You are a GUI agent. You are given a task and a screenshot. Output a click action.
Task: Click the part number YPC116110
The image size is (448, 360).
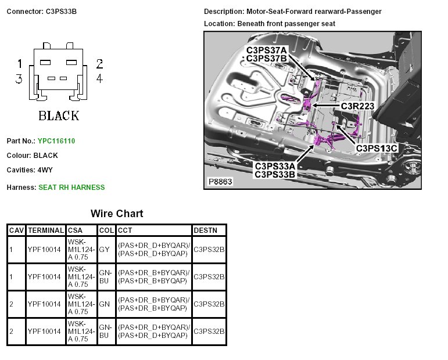pyautogui.click(x=56, y=141)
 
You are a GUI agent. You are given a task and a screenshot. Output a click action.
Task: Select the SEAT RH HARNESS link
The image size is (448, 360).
pyautogui.click(x=71, y=187)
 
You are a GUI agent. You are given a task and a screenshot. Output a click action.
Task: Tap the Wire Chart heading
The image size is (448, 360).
pyautogui.click(x=117, y=213)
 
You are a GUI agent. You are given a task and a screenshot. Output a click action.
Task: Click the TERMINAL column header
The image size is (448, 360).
pyautogui.click(x=45, y=231)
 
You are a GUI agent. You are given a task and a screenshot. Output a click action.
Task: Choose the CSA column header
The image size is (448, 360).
pyautogui.click(x=76, y=231)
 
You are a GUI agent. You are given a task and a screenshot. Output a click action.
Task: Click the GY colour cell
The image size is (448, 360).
pyautogui.click(x=104, y=249)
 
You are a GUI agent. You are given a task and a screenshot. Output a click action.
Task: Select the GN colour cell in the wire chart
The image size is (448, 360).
pyautogui.click(x=104, y=304)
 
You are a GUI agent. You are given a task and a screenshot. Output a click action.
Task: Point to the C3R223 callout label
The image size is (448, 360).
pyautogui.click(x=357, y=106)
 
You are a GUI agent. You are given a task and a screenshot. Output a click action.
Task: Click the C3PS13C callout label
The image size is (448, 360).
pyautogui.click(x=376, y=148)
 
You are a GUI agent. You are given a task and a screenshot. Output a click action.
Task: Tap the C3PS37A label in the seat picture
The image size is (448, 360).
pyautogui.click(x=267, y=50)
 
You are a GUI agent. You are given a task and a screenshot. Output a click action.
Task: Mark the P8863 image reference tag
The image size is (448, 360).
pyautogui.click(x=221, y=182)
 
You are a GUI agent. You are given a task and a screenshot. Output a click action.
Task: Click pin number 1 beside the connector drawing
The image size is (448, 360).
pyautogui.click(x=19, y=64)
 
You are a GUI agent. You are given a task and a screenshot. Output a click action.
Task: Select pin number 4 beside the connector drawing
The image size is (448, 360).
pyautogui.click(x=99, y=78)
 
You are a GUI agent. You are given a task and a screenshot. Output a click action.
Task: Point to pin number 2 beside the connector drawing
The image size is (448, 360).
pyautogui.click(x=99, y=64)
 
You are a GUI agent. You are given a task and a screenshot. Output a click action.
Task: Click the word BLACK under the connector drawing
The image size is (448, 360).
pyautogui.click(x=59, y=116)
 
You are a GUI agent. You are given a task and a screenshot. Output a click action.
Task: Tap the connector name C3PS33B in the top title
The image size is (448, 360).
pyautogui.click(x=62, y=12)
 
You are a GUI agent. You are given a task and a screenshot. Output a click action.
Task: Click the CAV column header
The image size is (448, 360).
pyautogui.click(x=16, y=231)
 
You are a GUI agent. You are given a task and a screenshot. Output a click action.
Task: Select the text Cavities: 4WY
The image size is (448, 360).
pyautogui.click(x=29, y=170)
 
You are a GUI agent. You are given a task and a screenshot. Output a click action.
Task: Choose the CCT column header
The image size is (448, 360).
pyautogui.click(x=125, y=231)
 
